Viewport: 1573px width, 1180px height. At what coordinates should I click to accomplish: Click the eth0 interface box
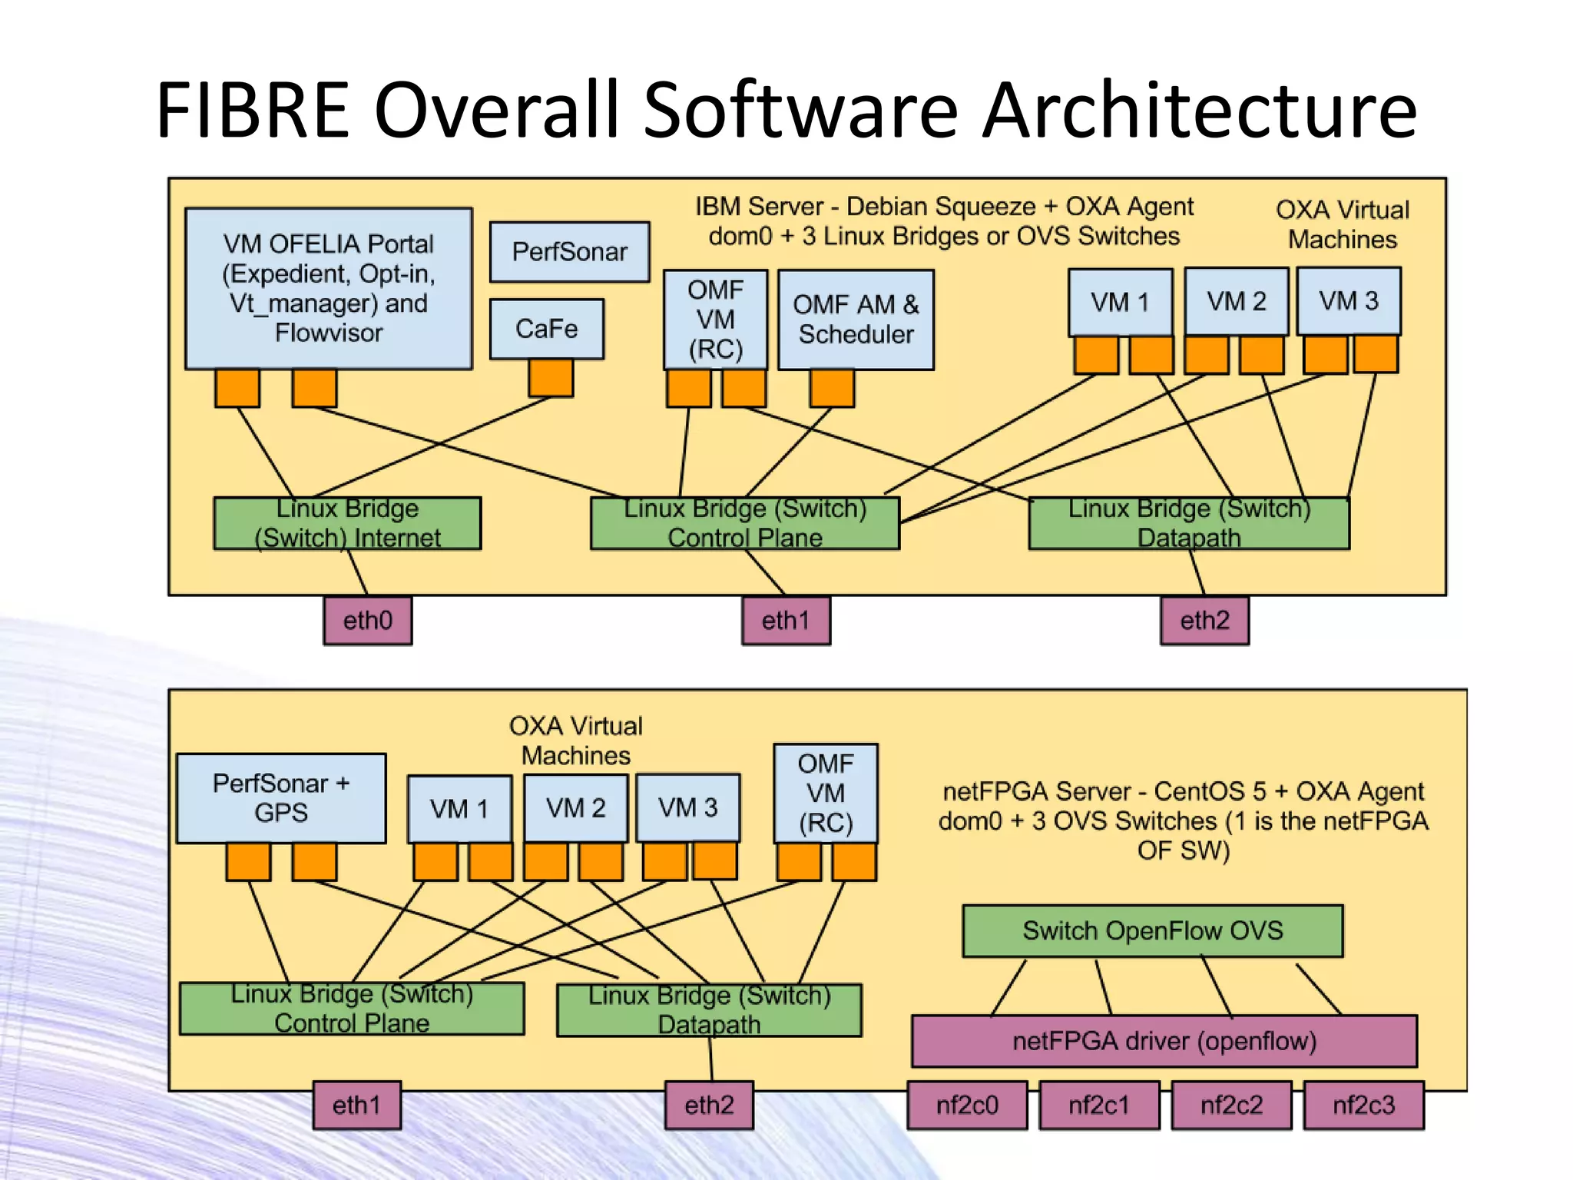pos(367,620)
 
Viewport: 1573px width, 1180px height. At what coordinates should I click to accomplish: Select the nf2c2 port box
pos(1231,1105)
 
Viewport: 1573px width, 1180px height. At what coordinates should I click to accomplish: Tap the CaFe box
pos(546,329)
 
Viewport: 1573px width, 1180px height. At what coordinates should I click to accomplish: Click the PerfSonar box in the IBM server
pos(569,252)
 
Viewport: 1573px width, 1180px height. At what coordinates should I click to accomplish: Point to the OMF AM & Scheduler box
pos(856,320)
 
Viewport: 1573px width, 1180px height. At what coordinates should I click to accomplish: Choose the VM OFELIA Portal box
pos(328,288)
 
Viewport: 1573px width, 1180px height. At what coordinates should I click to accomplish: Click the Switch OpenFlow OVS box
pos(1152,930)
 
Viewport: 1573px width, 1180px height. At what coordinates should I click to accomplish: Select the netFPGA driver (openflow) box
pos(1164,1041)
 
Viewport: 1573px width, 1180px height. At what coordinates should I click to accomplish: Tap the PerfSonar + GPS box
pos(281,798)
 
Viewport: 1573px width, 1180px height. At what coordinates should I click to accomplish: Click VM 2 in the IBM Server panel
pos(1236,301)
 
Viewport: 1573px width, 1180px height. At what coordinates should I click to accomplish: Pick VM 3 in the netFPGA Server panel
pos(687,807)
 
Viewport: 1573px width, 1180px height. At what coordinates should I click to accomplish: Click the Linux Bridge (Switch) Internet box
pos(347,523)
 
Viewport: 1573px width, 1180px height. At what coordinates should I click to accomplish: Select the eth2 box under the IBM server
pos(1204,620)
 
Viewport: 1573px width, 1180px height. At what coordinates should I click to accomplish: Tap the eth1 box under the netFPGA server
pos(356,1105)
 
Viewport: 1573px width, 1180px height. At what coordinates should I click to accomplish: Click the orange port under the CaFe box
pos(551,378)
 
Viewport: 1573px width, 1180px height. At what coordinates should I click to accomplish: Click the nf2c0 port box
pos(967,1105)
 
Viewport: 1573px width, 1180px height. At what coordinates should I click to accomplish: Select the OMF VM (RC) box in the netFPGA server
pos(825,794)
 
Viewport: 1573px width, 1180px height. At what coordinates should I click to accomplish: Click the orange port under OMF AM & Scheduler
pos(832,388)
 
